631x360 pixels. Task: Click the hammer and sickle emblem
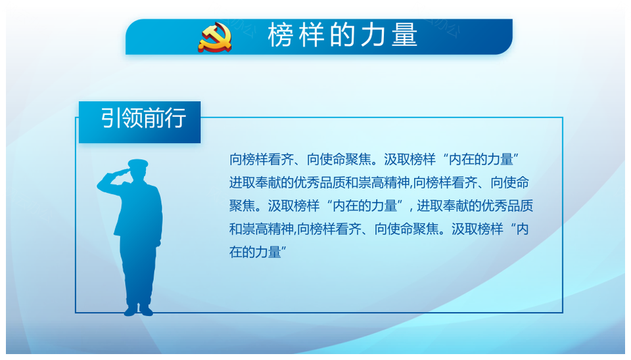[x=214, y=37]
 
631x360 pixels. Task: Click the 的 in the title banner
[x=343, y=35]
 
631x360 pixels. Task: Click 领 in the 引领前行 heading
[x=131, y=118]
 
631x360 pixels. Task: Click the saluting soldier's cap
[x=138, y=164]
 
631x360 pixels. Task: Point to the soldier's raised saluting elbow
[x=101, y=186]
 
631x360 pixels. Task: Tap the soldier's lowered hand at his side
[x=158, y=242]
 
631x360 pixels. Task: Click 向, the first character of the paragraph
[x=236, y=160]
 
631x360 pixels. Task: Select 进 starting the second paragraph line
[x=236, y=183]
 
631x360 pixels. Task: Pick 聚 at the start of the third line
[x=236, y=206]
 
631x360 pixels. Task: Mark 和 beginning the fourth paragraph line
[x=236, y=229]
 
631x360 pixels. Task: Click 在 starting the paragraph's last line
[x=236, y=253]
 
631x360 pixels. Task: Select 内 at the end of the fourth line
[x=523, y=229]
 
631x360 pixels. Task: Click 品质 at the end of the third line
[x=521, y=206]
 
